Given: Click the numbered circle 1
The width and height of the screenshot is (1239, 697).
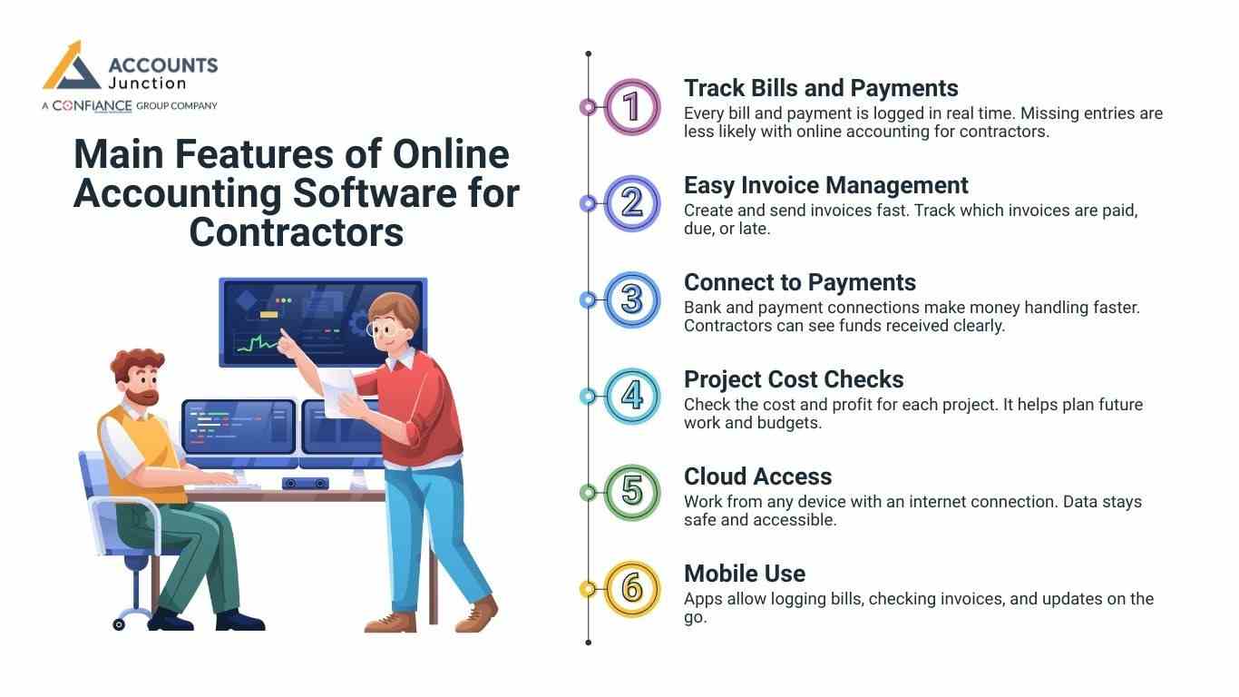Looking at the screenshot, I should tap(632, 106).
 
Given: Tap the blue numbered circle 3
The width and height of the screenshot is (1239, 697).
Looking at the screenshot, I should tap(632, 299).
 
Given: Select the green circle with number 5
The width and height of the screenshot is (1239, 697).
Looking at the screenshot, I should tap(632, 493).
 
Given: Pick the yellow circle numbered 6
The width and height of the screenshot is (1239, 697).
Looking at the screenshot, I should tap(632, 589).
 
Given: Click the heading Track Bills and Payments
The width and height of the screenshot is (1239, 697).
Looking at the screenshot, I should tap(820, 88).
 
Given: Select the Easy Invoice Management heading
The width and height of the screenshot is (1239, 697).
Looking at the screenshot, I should tap(825, 185).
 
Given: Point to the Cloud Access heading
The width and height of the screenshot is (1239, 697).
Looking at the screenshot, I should tap(757, 476).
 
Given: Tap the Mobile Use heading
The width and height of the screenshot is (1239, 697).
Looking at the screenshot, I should tap(744, 574).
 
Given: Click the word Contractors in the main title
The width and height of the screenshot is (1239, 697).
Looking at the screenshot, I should tap(296, 232).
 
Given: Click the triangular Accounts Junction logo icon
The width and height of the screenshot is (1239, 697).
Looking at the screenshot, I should tap(71, 67).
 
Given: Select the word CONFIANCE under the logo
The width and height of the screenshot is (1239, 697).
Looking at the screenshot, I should tap(92, 105).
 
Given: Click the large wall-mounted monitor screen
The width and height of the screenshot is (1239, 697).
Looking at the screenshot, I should tap(322, 321).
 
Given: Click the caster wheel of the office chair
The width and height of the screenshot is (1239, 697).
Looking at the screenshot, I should tap(119, 624).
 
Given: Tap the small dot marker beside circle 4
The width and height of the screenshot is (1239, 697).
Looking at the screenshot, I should tap(588, 396).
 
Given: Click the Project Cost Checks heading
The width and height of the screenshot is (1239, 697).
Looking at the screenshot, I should tap(794, 379).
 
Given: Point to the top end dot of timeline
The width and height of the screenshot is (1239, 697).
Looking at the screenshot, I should tap(589, 54).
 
